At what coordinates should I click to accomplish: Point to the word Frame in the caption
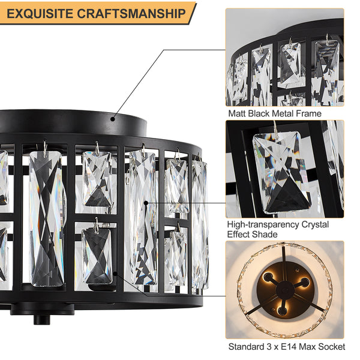click(308, 113)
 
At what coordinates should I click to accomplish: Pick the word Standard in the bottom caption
click(245, 347)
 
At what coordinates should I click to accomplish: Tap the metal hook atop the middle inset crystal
click(275, 127)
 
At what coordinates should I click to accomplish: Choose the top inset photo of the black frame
click(284, 57)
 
